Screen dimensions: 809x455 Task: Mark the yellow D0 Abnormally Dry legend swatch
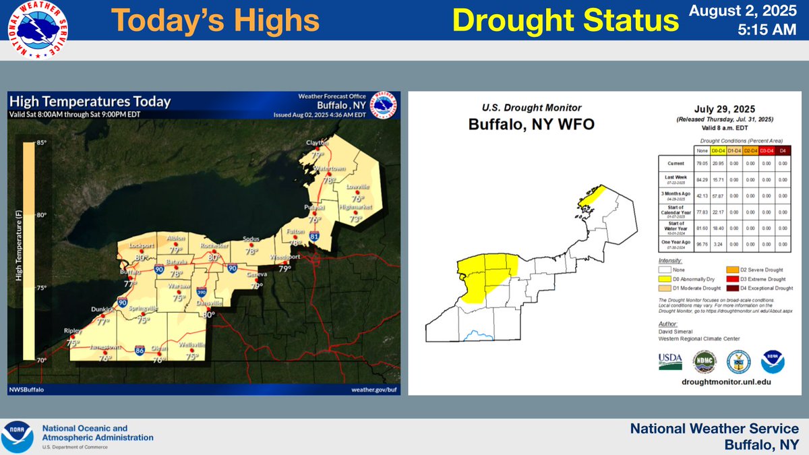coord(665,279)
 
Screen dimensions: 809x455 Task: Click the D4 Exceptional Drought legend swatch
coord(731,289)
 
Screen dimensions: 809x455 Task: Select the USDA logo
coord(669,362)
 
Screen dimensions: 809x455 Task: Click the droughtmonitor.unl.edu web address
coord(722,382)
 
